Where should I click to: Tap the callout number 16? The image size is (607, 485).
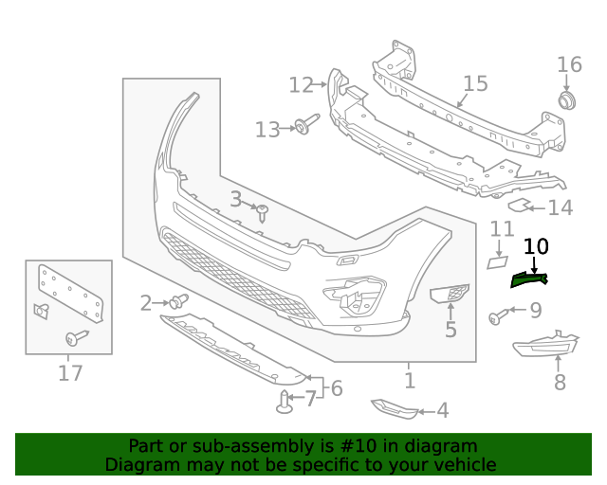[569, 64]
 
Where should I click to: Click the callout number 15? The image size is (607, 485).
[475, 83]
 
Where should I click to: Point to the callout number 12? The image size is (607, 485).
[301, 85]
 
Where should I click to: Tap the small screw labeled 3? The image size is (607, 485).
[263, 212]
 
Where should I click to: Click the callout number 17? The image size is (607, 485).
[70, 373]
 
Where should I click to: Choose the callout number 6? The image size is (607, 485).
[336, 388]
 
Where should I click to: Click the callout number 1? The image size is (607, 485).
[409, 381]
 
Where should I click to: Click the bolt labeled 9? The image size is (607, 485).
[497, 316]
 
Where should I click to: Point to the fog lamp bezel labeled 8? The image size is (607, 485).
[545, 350]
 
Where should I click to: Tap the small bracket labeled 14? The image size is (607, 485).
[520, 205]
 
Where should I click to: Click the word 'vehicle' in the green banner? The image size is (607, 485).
[463, 464]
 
